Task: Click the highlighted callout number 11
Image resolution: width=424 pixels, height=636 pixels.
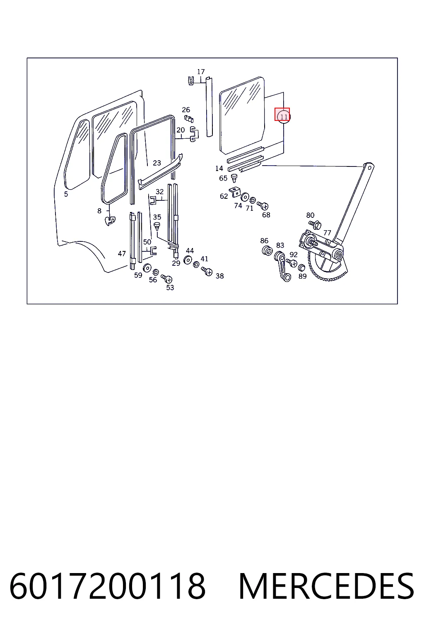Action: (x=284, y=117)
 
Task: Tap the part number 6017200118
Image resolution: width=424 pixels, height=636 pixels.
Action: (x=107, y=586)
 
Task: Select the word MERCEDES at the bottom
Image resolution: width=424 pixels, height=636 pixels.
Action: (x=326, y=586)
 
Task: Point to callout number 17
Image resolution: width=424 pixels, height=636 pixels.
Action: (x=201, y=72)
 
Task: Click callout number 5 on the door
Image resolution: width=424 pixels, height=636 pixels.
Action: (x=66, y=194)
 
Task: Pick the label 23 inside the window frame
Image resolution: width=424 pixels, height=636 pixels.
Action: (x=157, y=163)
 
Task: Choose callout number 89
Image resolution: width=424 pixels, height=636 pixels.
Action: (x=302, y=276)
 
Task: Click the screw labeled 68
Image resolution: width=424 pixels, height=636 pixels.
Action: (x=263, y=205)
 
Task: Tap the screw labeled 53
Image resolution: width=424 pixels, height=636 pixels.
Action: (x=166, y=278)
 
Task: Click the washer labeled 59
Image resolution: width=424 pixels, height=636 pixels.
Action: (x=147, y=268)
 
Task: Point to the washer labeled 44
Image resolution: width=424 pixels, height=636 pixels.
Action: (x=188, y=260)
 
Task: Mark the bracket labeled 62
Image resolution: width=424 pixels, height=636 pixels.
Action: (x=235, y=192)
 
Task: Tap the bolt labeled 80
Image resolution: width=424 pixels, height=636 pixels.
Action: (x=315, y=224)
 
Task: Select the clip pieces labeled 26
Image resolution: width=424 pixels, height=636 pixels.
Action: (x=189, y=118)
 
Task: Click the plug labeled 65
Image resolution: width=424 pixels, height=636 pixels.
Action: (x=234, y=178)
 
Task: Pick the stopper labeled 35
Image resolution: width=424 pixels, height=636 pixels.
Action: (x=157, y=226)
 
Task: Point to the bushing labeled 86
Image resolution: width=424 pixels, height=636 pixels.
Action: (x=267, y=251)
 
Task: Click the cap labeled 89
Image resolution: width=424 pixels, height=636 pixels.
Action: (x=301, y=267)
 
